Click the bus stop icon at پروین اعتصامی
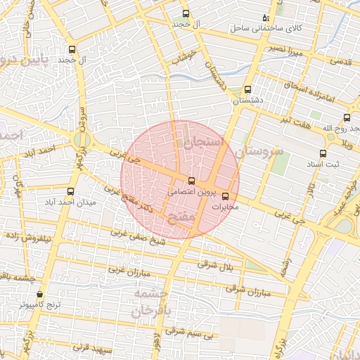tap(191, 181)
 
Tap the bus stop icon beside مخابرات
tap(225, 196)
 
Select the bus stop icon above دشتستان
tap(247, 90)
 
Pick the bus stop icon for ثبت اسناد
tap(323, 153)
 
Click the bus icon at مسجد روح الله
tap(347, 118)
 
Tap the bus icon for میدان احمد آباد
tap(70, 191)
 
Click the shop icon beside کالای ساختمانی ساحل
tap(265, 17)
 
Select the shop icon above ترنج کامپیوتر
tap(39, 294)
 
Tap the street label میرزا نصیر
tap(288, 51)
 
